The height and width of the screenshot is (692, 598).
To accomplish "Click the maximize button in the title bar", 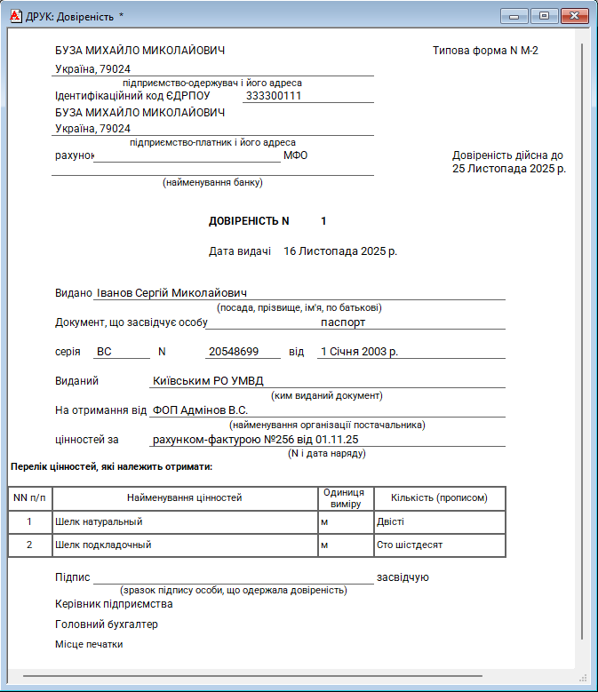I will click(x=545, y=16).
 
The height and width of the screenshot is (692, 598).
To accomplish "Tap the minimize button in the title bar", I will click(x=515, y=16).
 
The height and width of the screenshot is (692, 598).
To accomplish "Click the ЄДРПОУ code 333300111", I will click(x=274, y=96).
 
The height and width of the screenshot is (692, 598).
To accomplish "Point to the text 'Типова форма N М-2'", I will click(x=485, y=51).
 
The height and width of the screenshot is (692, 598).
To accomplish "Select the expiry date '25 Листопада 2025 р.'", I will click(x=508, y=168).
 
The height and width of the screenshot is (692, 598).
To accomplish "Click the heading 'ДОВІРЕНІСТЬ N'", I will click(x=249, y=220).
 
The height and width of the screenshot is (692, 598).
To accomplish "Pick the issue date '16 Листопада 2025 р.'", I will click(x=340, y=251).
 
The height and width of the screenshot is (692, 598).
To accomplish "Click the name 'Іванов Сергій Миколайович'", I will click(x=171, y=293).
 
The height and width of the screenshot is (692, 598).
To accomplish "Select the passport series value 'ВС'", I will click(x=104, y=352).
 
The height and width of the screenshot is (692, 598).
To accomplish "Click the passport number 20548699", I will click(x=233, y=352).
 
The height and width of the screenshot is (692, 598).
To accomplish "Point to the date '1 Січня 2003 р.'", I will click(x=359, y=352).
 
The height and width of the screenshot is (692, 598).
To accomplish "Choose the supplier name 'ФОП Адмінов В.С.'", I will click(x=200, y=410).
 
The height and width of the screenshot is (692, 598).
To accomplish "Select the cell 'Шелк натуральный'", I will click(x=99, y=522).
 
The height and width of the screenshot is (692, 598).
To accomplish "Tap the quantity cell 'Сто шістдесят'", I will click(x=410, y=545).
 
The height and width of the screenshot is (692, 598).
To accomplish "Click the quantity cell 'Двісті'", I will click(x=390, y=522).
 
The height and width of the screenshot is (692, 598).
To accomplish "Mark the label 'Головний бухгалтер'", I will click(x=107, y=624).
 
